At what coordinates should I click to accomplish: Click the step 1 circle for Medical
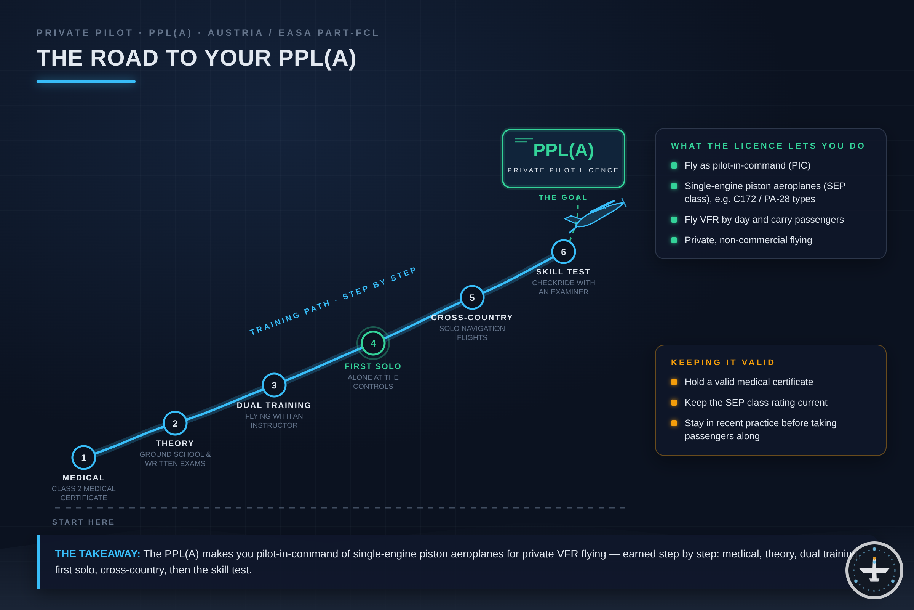(x=83, y=457)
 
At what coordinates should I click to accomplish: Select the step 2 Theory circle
(x=175, y=423)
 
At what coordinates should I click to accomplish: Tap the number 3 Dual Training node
(x=274, y=385)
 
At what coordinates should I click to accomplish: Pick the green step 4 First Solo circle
(x=373, y=343)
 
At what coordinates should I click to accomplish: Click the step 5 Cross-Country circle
(x=472, y=298)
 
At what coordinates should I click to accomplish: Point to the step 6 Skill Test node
(x=564, y=252)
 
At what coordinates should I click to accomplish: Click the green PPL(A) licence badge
(x=564, y=159)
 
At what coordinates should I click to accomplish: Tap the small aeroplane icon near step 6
(x=595, y=215)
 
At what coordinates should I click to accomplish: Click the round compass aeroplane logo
(x=874, y=570)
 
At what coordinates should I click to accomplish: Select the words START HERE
(x=83, y=522)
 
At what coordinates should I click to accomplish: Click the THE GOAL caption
(x=563, y=197)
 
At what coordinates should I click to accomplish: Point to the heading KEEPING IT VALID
(x=723, y=363)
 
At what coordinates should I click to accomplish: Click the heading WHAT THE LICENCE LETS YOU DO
(x=768, y=146)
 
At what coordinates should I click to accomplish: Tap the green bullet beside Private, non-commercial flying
(x=674, y=240)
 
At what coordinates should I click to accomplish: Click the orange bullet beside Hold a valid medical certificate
(x=674, y=382)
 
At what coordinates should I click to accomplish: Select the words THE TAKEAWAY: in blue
(x=97, y=554)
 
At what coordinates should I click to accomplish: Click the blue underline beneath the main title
(x=86, y=82)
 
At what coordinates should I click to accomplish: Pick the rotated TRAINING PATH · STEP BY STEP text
(x=332, y=301)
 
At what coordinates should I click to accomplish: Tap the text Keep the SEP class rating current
(x=756, y=403)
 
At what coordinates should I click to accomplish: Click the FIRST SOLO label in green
(x=373, y=366)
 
